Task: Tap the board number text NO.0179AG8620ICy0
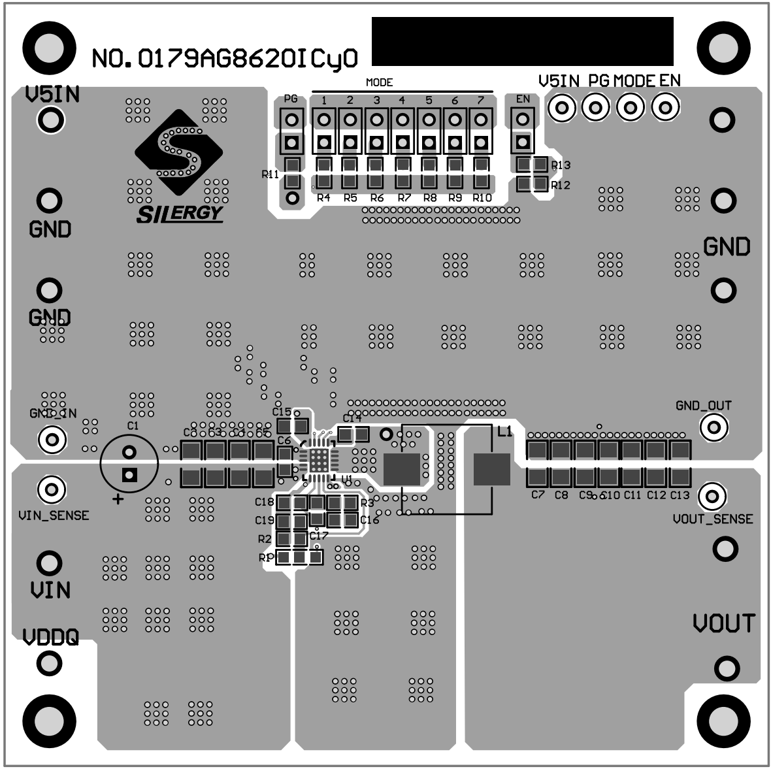(224, 59)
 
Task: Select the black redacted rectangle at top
(522, 41)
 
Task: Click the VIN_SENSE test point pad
(52, 489)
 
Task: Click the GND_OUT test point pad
(714, 427)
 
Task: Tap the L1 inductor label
(505, 432)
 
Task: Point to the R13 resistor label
(561, 165)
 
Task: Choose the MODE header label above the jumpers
(379, 82)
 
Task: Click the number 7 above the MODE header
(481, 100)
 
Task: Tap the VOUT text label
(724, 623)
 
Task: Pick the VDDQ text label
(50, 636)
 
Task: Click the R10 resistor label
(482, 198)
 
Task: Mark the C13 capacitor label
(680, 495)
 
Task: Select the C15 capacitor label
(282, 412)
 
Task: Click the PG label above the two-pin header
(291, 99)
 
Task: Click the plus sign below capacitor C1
(118, 500)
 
